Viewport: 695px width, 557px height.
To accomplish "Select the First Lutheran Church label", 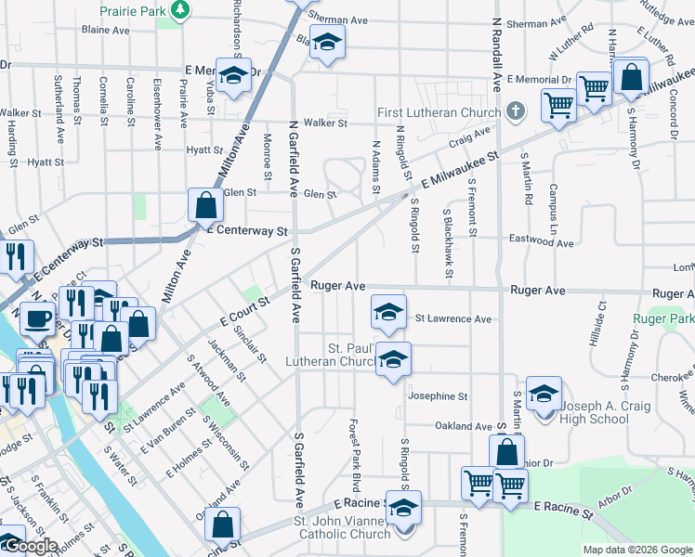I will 439,113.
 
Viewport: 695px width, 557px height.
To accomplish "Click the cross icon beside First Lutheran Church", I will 518,113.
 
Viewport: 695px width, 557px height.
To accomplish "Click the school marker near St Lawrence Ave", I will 389,311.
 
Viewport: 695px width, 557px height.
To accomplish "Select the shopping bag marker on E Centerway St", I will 204,206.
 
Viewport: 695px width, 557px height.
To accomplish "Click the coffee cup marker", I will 37,319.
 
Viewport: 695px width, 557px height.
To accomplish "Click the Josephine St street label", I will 438,396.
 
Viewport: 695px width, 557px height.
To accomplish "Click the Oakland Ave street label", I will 465,426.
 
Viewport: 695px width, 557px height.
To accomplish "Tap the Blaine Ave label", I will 105,30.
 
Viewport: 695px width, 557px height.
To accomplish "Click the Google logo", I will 30,547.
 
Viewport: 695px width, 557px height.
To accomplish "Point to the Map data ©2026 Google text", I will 637,550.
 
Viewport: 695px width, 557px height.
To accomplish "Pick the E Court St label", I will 244,311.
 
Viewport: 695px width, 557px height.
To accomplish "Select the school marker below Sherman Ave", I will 326,43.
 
